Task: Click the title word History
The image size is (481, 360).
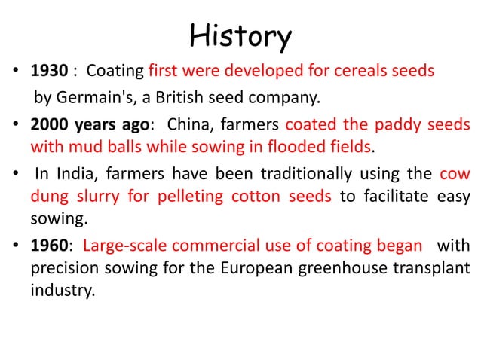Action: tap(240, 35)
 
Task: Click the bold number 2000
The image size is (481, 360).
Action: tap(49, 124)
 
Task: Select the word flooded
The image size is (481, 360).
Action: tap(308, 145)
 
